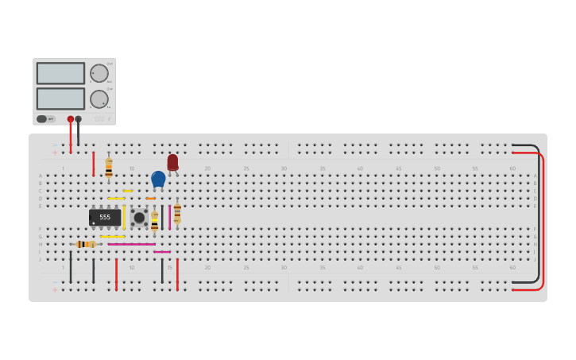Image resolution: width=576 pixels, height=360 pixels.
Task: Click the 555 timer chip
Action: (x=105, y=217)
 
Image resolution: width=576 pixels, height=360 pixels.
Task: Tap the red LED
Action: (x=172, y=161)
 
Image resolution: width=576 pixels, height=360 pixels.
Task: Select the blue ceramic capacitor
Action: (x=158, y=179)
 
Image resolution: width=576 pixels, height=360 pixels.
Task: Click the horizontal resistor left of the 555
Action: (x=85, y=244)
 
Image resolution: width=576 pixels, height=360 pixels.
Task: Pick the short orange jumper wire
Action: (x=150, y=199)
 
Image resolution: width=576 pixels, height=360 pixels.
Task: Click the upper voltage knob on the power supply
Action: (x=99, y=73)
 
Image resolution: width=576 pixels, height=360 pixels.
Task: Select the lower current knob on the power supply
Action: (x=99, y=99)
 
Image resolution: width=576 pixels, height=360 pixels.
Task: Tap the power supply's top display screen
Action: (x=60, y=73)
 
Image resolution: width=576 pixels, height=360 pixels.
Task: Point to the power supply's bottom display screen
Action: (x=60, y=99)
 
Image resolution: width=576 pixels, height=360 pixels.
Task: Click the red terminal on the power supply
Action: (x=71, y=119)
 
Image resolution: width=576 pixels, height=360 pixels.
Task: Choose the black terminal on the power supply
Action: (x=78, y=119)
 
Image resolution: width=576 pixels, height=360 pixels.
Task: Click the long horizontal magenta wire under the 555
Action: (x=131, y=244)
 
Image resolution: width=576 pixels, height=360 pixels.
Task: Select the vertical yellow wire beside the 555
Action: (x=124, y=217)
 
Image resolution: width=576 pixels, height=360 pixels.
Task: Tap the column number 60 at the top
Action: (x=512, y=168)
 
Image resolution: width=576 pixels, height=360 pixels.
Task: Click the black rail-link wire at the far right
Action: (x=538, y=215)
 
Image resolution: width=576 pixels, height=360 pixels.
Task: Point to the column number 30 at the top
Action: (x=284, y=168)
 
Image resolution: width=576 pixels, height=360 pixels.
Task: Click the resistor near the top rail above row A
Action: (x=109, y=168)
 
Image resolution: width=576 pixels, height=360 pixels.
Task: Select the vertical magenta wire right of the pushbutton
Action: (x=169, y=217)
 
